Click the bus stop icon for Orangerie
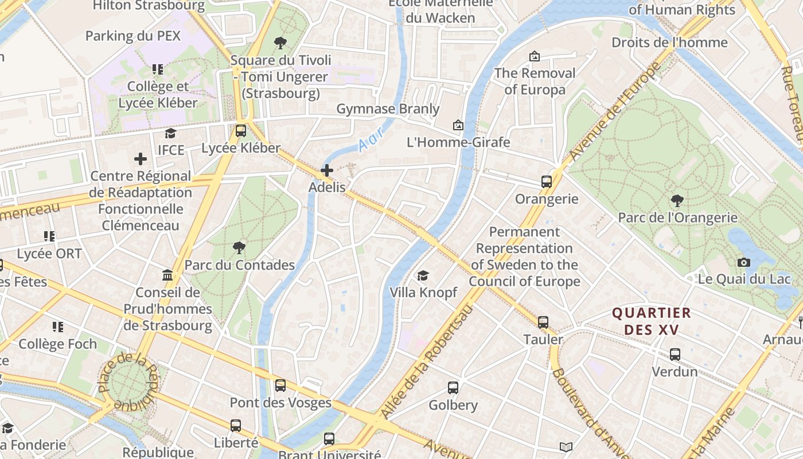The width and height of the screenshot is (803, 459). coord(547,182)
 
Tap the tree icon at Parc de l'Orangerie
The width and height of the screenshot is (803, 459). coord(677,201)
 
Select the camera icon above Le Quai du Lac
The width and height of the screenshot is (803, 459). coord(744,262)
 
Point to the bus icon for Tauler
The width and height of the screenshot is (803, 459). coord(543,322)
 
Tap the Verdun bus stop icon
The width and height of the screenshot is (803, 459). coord(675,355)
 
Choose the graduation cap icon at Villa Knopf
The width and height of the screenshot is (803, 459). coord(423,276)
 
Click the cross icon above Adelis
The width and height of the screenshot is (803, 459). coord(327,170)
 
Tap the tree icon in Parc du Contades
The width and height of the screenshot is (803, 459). coord(239,248)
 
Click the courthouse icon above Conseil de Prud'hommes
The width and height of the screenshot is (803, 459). coord(168,275)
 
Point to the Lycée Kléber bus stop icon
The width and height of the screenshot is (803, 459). coord(241,131)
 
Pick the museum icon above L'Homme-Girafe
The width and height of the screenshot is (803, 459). coord(458,125)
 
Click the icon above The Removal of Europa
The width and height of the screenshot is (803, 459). coord(535,56)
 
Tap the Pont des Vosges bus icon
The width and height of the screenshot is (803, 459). coord(280,386)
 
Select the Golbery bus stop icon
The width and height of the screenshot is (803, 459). coord(453,388)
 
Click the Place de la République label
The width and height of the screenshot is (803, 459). coord(127,382)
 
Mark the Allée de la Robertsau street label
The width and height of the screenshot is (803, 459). coord(427,361)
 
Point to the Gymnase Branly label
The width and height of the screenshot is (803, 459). coord(388,109)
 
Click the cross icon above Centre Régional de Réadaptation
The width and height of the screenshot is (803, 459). coord(141,159)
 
